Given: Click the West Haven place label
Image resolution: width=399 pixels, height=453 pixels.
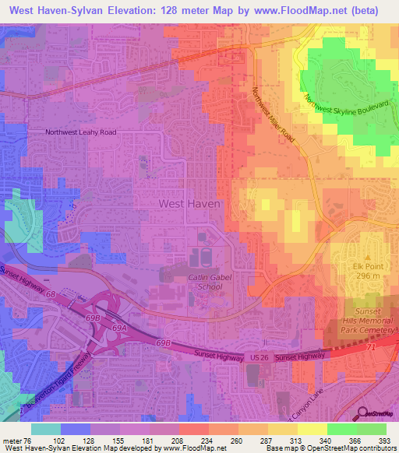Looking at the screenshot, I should (x=190, y=203).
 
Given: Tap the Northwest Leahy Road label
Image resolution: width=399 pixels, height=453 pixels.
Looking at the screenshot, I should (x=80, y=132).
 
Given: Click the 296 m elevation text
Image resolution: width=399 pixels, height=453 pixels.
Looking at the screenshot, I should (x=369, y=276).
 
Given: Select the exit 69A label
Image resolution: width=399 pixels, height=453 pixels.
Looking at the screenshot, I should (x=118, y=328).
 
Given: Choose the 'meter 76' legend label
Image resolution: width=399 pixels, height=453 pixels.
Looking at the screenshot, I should (x=17, y=441).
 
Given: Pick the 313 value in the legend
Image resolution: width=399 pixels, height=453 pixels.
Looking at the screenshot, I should (x=288, y=441).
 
